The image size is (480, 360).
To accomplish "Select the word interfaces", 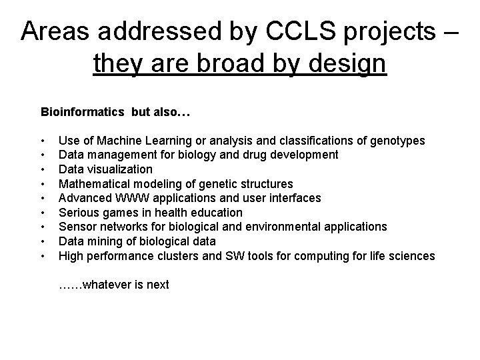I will (x=295, y=198).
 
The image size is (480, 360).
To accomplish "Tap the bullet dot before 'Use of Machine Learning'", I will (x=43, y=141).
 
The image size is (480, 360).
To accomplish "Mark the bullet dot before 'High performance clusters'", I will (x=43, y=256).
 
